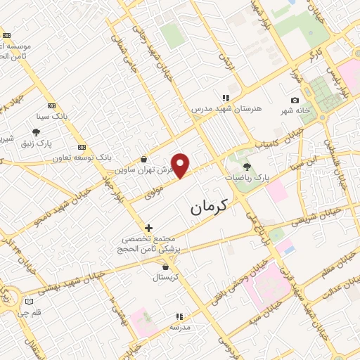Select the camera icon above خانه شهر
295,101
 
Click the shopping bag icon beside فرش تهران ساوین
144,160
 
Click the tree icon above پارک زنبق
36,131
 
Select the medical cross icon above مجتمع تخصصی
148,228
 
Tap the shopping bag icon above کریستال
165,267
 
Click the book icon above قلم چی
29,302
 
